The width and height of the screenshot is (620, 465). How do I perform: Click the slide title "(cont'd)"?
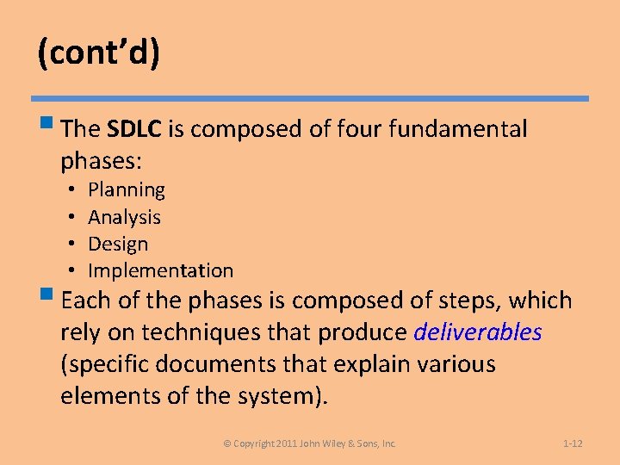[x=98, y=53]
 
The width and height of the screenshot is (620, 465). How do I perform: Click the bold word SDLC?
[x=135, y=129]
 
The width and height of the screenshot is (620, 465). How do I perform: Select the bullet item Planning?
[x=127, y=189]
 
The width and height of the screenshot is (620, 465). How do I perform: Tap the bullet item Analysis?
[x=125, y=217]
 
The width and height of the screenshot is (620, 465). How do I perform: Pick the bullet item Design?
[x=118, y=244]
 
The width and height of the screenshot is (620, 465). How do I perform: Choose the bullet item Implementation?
[x=160, y=270]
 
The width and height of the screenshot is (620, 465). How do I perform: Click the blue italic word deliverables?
[x=478, y=332]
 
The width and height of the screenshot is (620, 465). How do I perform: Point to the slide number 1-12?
[x=573, y=443]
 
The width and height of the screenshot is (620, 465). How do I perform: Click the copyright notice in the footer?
[x=310, y=443]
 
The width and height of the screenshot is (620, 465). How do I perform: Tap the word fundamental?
[x=458, y=129]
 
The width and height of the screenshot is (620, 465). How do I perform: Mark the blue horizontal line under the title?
[x=310, y=99]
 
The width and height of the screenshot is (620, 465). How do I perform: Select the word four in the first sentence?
[x=361, y=129]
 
